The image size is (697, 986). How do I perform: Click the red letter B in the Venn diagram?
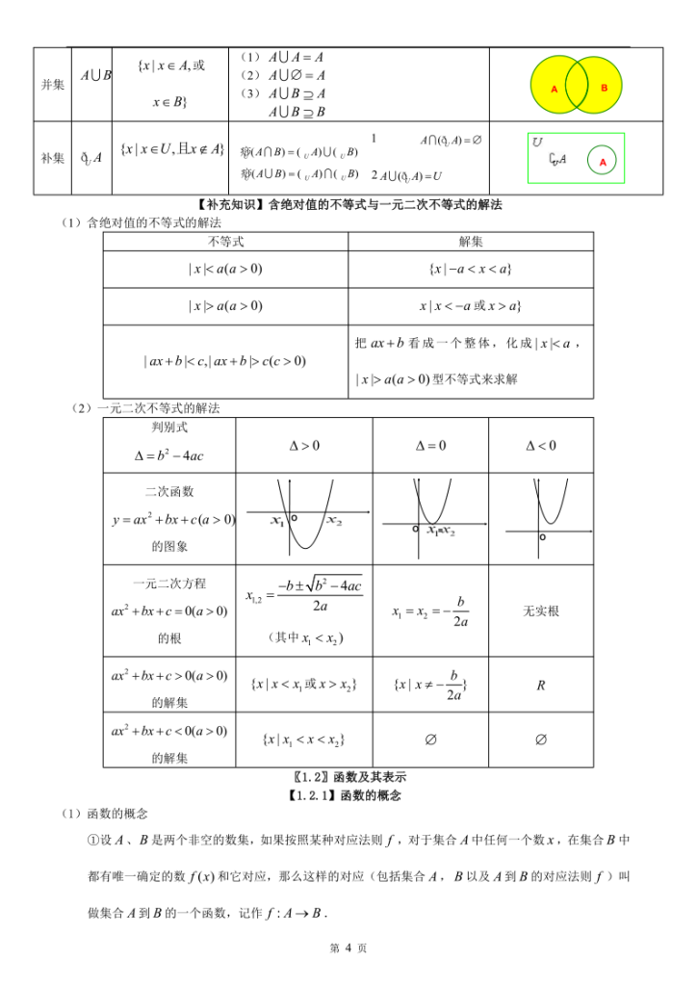click(x=605, y=88)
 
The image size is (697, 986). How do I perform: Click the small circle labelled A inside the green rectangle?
click(x=603, y=162)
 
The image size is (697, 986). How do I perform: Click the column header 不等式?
click(x=226, y=241)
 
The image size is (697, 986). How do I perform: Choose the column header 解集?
click(x=471, y=241)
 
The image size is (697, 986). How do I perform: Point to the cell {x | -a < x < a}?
click(x=471, y=269)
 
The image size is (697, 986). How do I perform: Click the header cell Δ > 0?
click(x=304, y=446)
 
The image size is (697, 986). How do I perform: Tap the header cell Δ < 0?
click(x=540, y=446)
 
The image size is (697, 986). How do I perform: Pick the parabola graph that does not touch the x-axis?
click(x=540, y=515)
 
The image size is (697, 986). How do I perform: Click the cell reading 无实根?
click(x=540, y=611)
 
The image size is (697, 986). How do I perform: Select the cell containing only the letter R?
click(x=540, y=686)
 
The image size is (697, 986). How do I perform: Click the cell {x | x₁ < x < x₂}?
click(x=304, y=739)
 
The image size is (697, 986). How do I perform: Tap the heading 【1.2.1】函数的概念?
click(x=348, y=795)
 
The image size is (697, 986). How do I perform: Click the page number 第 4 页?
click(x=348, y=947)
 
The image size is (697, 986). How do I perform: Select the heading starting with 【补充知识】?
click(x=348, y=205)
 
